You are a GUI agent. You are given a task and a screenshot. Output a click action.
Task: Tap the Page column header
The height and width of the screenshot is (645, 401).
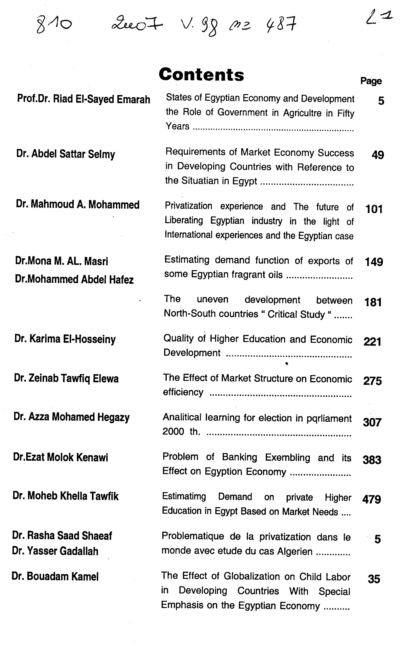coord(371,81)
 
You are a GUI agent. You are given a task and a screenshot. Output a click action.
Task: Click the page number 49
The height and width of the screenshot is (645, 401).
coord(378,155)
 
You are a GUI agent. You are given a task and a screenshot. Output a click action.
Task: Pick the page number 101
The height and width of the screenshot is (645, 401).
coord(374,209)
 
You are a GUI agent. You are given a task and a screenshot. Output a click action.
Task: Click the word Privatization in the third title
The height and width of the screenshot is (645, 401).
coord(188,206)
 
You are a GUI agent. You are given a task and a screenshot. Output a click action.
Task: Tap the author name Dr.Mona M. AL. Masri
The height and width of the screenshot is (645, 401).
coord(62,261)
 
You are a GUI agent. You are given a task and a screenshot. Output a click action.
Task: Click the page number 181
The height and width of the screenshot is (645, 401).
coord(373,302)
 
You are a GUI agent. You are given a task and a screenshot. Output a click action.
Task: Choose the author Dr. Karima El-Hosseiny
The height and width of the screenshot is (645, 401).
coord(65,339)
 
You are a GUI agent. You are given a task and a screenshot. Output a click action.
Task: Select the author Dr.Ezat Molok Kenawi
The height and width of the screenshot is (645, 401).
coord(60,457)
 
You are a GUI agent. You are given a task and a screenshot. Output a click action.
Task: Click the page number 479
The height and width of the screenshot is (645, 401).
coord(372,499)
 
